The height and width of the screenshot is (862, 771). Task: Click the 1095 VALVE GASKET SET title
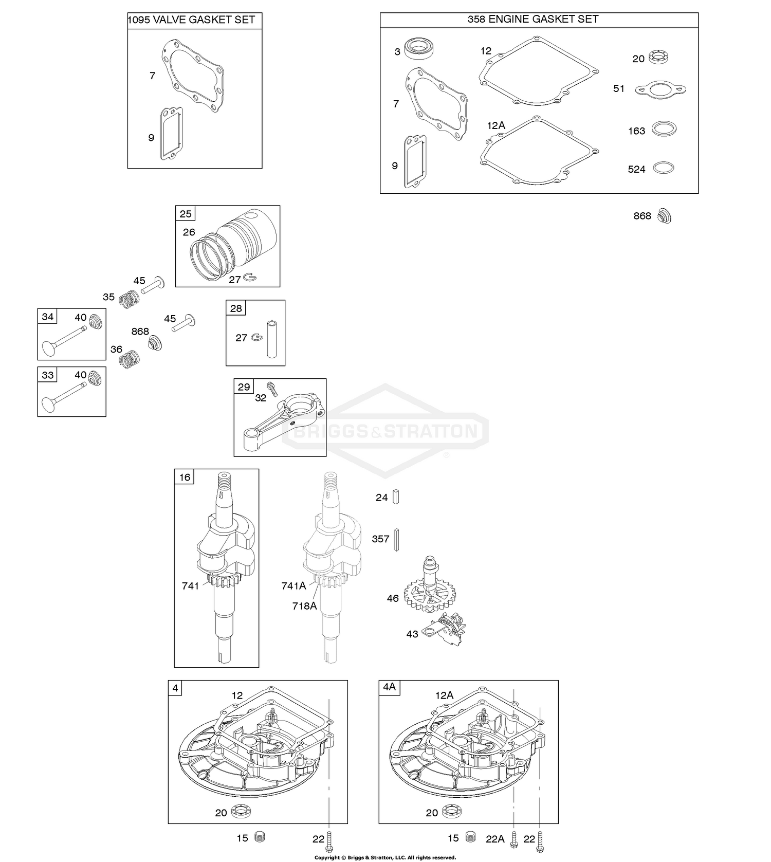(x=191, y=20)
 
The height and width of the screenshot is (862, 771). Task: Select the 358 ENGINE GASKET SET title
(x=533, y=19)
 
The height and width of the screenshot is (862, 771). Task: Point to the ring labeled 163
(x=664, y=129)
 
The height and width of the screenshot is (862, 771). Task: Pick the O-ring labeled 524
(x=663, y=168)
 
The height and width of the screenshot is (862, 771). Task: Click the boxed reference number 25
(x=185, y=214)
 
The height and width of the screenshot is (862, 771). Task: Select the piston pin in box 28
(x=271, y=339)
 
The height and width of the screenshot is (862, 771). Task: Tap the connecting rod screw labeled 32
(x=272, y=392)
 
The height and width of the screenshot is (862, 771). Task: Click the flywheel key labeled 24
(x=395, y=497)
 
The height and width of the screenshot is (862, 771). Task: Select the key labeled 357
(x=397, y=539)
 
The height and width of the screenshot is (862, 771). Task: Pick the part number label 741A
(x=293, y=585)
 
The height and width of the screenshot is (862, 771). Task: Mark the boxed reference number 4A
(x=389, y=687)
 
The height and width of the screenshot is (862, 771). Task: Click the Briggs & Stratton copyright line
(x=385, y=857)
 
